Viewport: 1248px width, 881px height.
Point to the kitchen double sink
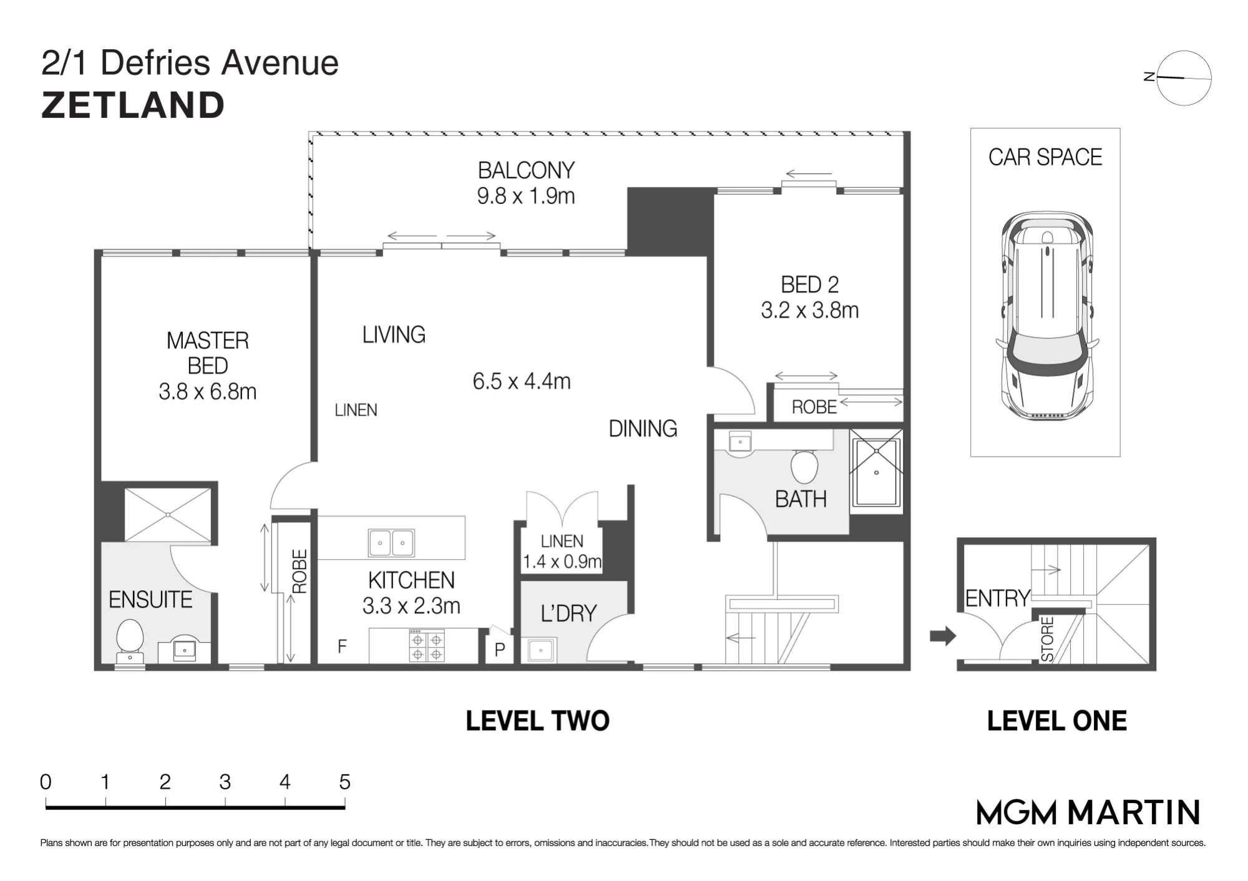(391, 542)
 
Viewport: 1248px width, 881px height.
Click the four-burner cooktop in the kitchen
(427, 646)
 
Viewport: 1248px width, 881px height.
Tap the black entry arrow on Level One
(943, 636)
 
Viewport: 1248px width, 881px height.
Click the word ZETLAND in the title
(133, 105)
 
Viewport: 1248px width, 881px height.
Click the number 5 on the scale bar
(344, 782)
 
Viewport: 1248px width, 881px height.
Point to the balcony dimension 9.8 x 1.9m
(526, 196)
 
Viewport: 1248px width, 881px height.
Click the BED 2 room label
(810, 285)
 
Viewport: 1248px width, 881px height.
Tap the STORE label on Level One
(1048, 639)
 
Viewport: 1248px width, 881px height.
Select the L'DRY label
(568, 613)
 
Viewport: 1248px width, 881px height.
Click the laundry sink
(541, 650)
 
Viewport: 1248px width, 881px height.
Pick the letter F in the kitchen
(342, 646)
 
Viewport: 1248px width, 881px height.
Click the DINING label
(643, 429)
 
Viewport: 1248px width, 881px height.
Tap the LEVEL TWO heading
(537, 721)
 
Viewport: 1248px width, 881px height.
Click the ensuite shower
(168, 515)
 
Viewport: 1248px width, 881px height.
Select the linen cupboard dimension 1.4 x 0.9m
(562, 562)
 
